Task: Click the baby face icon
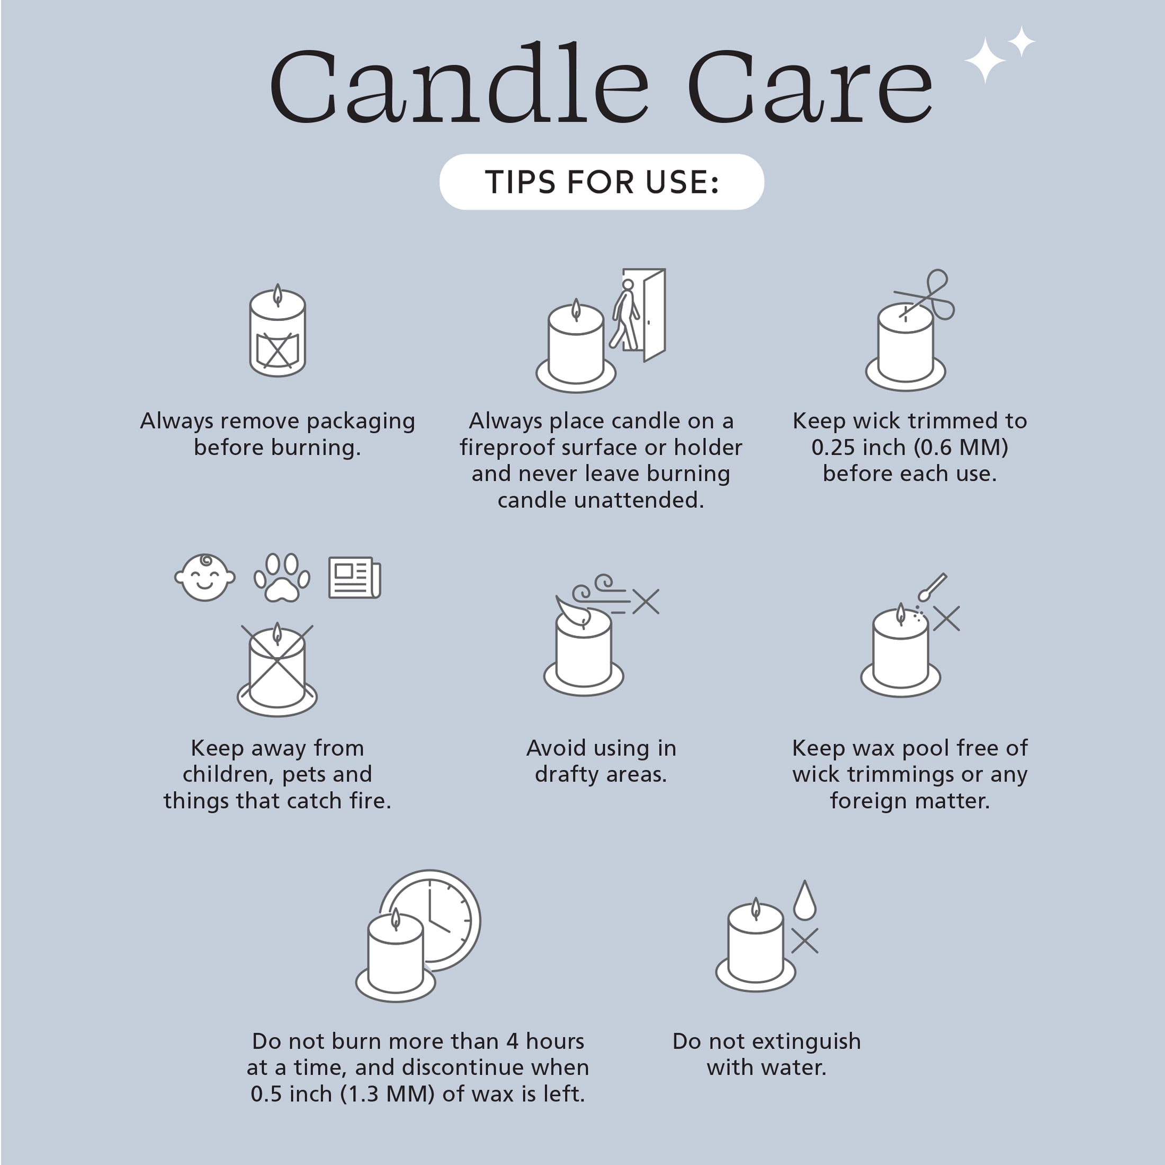tap(204, 578)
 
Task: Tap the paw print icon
tap(282, 578)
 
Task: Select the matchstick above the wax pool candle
tap(932, 587)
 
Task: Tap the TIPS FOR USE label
tap(602, 182)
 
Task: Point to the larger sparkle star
tap(985, 60)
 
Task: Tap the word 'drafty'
tap(568, 774)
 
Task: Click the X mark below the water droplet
tap(804, 940)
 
